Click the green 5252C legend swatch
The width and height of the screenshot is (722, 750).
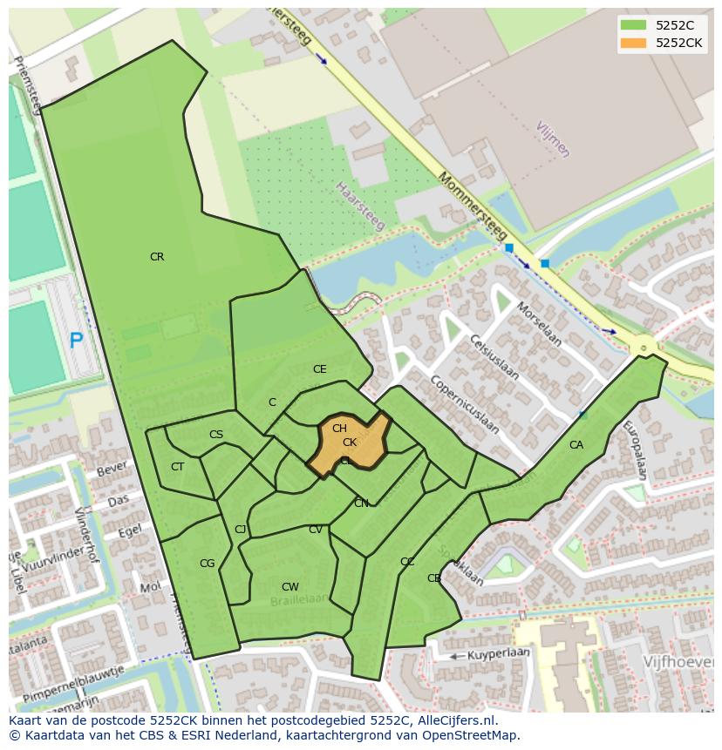[633, 25]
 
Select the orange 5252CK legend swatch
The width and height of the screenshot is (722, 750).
[633, 43]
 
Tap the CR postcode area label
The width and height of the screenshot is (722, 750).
[157, 257]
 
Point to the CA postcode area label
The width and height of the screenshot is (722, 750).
[576, 445]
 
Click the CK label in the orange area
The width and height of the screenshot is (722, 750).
[350, 443]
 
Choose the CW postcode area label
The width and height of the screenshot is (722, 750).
[290, 587]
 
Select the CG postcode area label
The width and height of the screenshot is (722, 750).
[207, 564]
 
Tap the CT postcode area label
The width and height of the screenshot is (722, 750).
[178, 467]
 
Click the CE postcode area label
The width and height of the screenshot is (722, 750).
[320, 369]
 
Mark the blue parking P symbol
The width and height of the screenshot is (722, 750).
[77, 341]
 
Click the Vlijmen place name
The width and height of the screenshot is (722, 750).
[552, 139]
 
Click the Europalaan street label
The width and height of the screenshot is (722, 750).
[635, 450]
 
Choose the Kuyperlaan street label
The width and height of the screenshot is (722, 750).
[499, 653]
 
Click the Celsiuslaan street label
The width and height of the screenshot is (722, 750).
[494, 357]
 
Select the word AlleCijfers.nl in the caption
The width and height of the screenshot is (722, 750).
[453, 720]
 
